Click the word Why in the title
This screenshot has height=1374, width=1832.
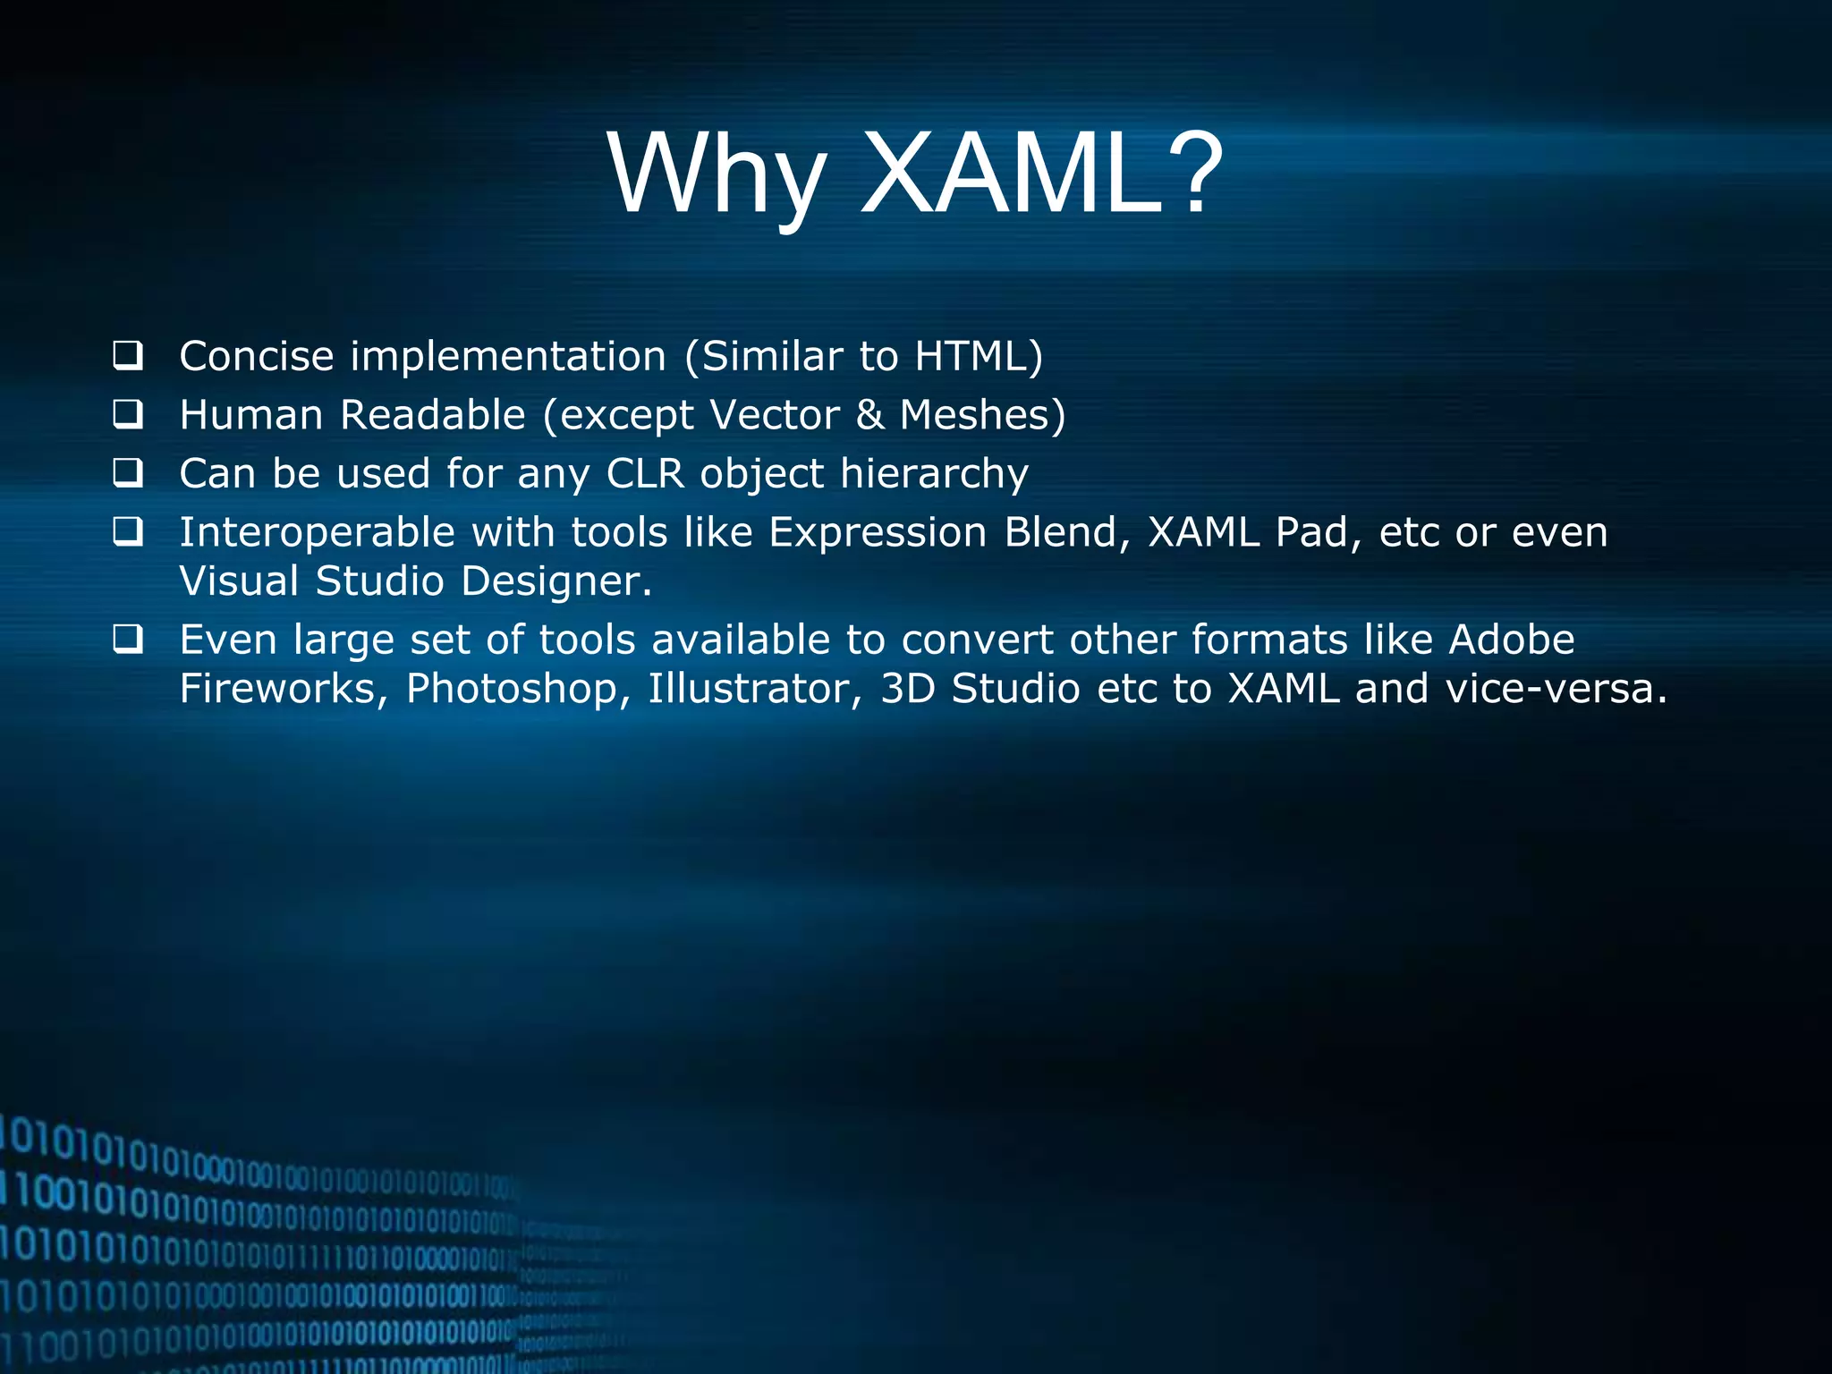717,174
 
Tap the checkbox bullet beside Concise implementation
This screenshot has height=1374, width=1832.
128,356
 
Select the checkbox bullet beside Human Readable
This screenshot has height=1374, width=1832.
128,415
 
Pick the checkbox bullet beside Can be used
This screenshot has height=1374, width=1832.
128,473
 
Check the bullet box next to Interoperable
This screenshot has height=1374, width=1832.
128,532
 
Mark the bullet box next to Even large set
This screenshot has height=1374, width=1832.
128,640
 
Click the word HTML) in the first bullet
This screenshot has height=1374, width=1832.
979,356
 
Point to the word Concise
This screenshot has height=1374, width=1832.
257,356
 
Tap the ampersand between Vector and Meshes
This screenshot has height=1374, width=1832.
869,415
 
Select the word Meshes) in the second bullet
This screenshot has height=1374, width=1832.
982,415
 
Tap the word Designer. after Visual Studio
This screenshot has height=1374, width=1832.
556,581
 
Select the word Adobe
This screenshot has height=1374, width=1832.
1511,640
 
